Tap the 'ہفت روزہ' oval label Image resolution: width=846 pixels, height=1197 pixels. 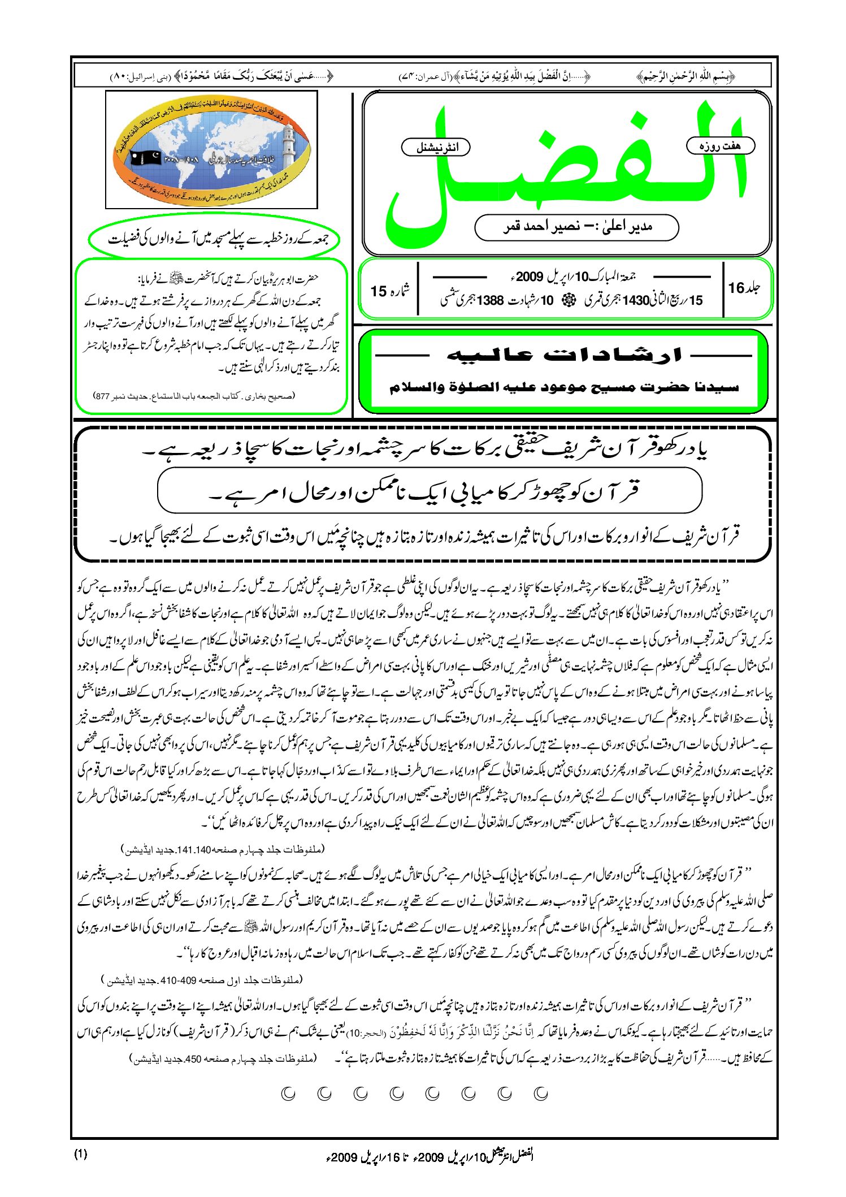click(x=720, y=146)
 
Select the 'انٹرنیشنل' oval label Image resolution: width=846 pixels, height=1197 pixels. click(x=436, y=148)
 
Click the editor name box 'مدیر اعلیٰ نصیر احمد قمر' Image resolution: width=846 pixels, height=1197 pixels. click(x=576, y=227)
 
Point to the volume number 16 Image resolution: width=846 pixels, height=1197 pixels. click(x=736, y=288)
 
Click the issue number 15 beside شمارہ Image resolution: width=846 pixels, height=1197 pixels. click(x=378, y=291)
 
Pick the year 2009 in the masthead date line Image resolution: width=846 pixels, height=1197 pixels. click(x=529, y=276)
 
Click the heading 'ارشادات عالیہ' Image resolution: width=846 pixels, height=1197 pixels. click(x=563, y=355)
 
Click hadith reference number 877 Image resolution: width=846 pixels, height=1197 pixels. click(x=103, y=396)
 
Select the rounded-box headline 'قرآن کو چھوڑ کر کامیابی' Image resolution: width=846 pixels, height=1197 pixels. click(x=429, y=491)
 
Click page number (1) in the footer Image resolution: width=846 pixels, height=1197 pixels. click(x=81, y=1155)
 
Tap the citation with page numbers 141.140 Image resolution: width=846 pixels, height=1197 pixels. click(x=223, y=850)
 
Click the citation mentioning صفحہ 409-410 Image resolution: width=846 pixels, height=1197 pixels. click(x=202, y=979)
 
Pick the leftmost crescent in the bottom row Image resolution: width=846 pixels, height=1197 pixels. click(x=289, y=1094)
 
